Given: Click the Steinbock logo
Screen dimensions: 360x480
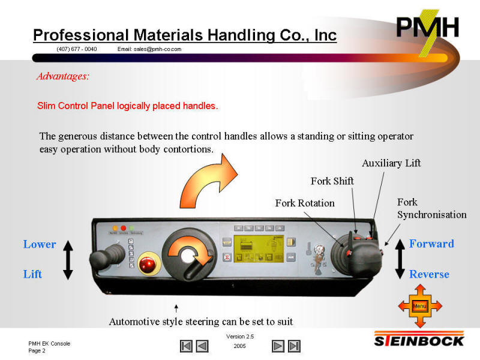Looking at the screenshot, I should click(419, 340).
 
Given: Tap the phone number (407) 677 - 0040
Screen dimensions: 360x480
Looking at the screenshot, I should click(77, 49).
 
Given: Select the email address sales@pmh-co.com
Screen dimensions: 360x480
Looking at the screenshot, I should click(149, 49).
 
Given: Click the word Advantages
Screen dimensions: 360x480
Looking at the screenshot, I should click(62, 76).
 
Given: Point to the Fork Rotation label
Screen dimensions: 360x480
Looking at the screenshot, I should click(305, 203).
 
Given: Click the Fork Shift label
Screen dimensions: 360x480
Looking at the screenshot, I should click(332, 181).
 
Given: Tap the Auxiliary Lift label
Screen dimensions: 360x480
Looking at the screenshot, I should click(391, 163).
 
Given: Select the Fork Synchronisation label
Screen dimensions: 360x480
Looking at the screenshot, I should click(431, 208).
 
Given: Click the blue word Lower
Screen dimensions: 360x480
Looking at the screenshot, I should click(40, 244).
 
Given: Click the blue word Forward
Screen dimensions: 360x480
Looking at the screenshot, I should click(431, 244).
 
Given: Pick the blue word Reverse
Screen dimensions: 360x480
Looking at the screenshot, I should click(429, 274).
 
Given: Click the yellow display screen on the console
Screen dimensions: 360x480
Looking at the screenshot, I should click(257, 250).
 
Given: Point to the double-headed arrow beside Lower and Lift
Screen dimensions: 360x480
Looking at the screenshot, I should click(68, 259).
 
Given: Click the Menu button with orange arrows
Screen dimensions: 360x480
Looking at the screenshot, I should click(420, 307).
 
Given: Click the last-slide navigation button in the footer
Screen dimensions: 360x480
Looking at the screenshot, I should click(294, 346).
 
